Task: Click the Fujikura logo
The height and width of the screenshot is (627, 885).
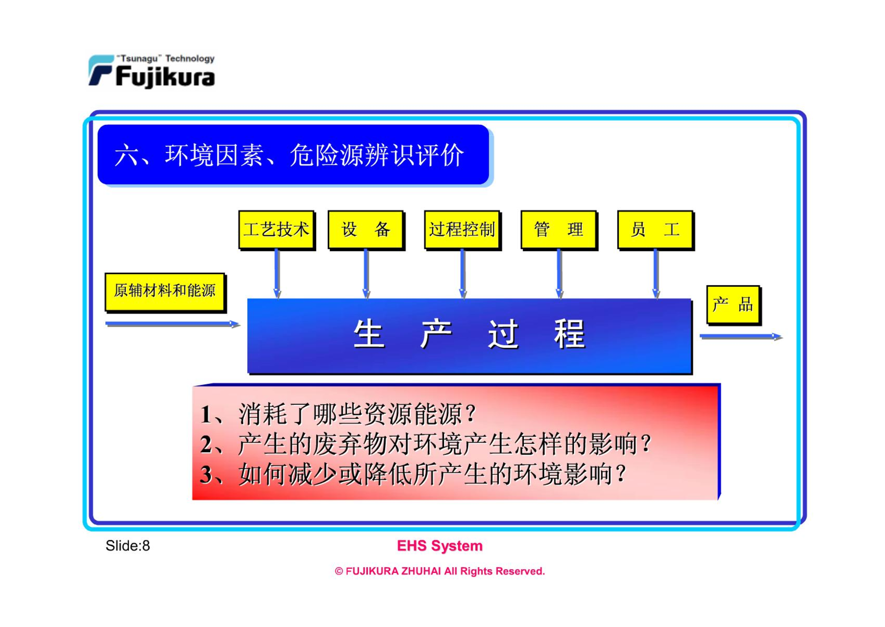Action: pos(152,71)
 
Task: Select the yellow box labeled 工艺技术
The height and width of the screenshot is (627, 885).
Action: pos(277,230)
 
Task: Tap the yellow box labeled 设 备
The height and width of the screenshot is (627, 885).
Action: pos(366,230)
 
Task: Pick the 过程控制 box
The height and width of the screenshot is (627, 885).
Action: pos(463,230)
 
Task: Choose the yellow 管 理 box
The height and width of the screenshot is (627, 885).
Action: pos(559,230)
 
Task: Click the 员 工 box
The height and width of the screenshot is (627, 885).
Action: pos(655,230)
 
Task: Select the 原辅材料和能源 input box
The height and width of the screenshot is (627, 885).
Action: pos(165,293)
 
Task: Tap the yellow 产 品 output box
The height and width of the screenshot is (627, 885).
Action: pos(733,305)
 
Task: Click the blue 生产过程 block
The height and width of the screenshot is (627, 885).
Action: pos(470,336)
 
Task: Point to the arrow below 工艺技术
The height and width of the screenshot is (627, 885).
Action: pos(277,274)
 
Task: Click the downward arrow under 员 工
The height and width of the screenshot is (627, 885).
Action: pos(656,274)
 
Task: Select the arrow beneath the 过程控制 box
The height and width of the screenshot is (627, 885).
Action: pos(463,274)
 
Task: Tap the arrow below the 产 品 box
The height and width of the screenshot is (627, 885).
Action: pos(741,337)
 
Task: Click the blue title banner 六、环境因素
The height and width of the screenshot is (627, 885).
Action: pos(295,155)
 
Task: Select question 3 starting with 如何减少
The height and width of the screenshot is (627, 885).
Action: pos(413,474)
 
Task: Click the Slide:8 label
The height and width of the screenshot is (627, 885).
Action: pos(128,546)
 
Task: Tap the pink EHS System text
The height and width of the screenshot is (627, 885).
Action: pos(440,546)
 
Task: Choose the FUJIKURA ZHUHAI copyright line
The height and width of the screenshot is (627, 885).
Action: pos(440,571)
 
